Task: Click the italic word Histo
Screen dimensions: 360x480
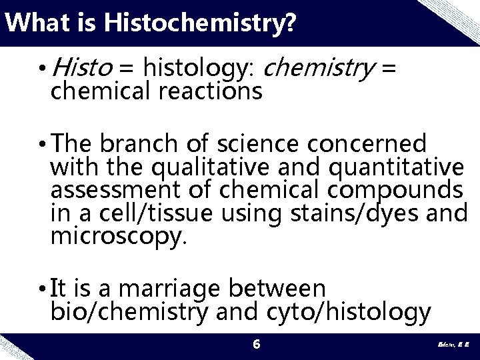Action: tap(81, 67)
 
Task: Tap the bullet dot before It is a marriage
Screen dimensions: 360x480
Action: tap(43, 289)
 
